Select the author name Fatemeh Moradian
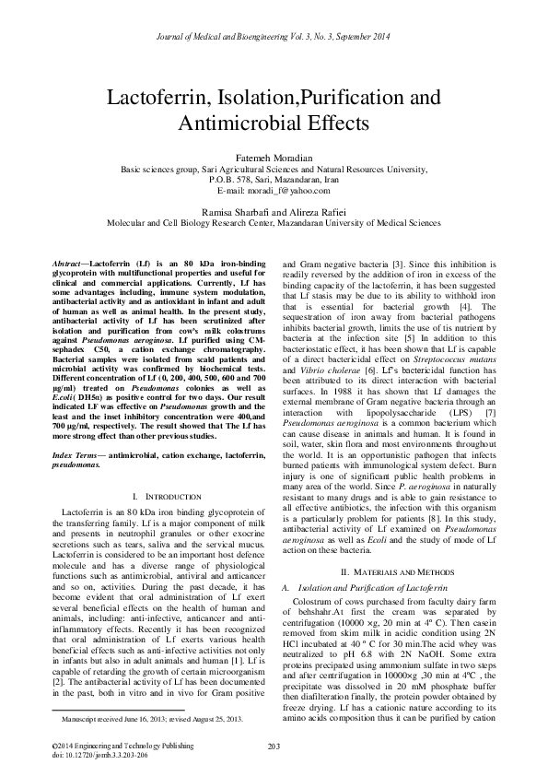274,159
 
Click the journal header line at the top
274,10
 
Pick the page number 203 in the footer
274,745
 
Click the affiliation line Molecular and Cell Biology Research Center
274,222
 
